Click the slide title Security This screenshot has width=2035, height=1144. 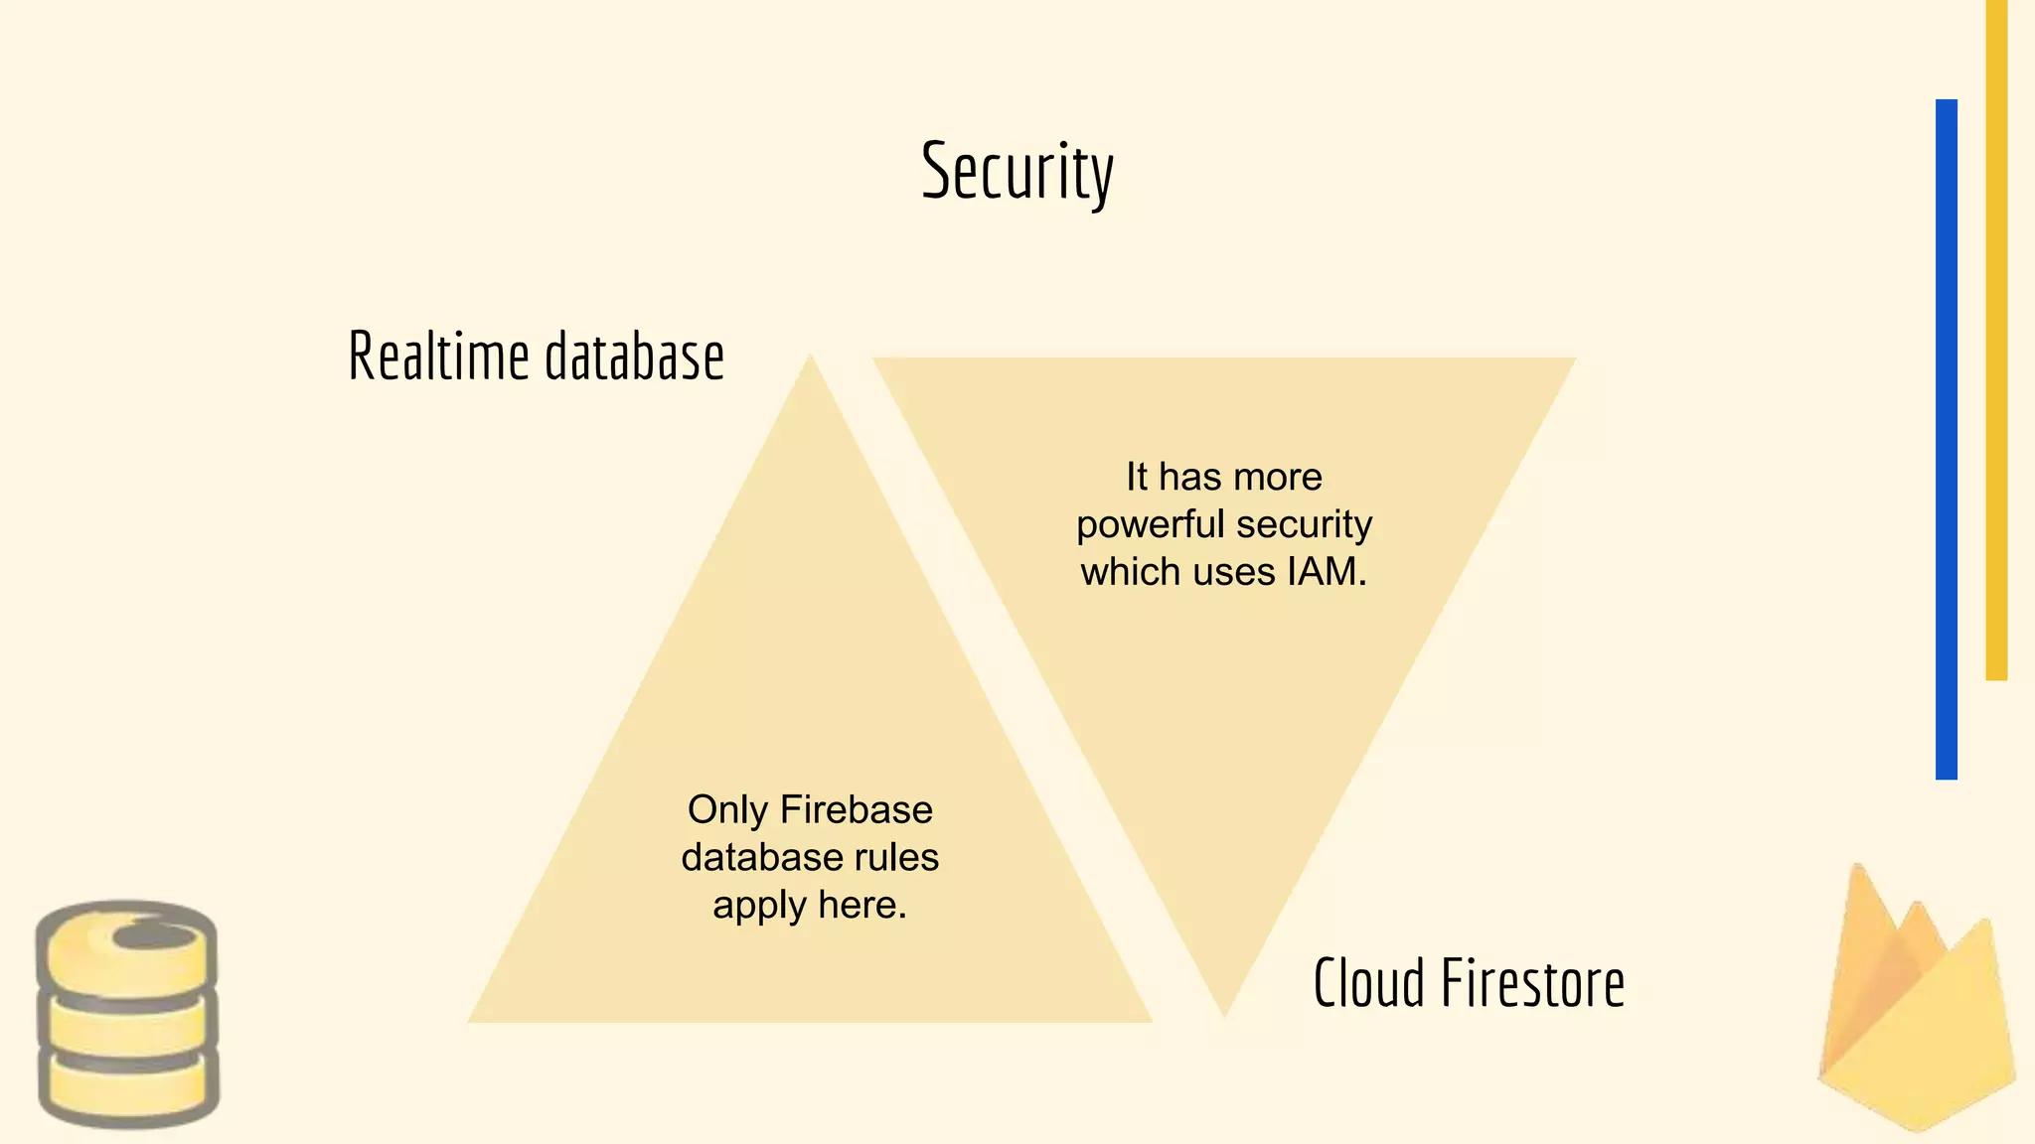[x=1017, y=172]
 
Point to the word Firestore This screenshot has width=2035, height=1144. [x=1532, y=983]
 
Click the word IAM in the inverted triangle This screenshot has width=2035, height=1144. [x=1326, y=572]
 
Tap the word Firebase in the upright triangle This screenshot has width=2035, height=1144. [x=857, y=809]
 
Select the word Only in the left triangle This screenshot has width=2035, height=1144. [x=726, y=809]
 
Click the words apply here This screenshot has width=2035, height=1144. [x=810, y=905]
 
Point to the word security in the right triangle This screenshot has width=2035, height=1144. [x=1304, y=524]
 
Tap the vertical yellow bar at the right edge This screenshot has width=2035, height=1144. [x=1996, y=338]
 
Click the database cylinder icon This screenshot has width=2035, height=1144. [x=127, y=1014]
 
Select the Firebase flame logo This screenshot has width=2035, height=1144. [x=1917, y=1003]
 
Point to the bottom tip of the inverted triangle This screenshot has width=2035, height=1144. [x=1224, y=1014]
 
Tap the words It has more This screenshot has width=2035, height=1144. [x=1224, y=477]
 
